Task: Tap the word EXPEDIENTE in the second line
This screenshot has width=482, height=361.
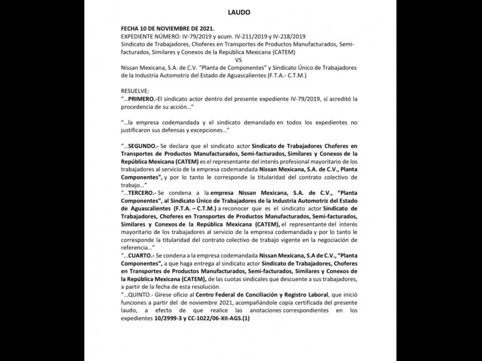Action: tap(140, 37)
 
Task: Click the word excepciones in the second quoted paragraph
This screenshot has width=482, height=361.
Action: tap(206, 130)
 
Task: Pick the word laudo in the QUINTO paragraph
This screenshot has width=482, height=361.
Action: tap(131, 310)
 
